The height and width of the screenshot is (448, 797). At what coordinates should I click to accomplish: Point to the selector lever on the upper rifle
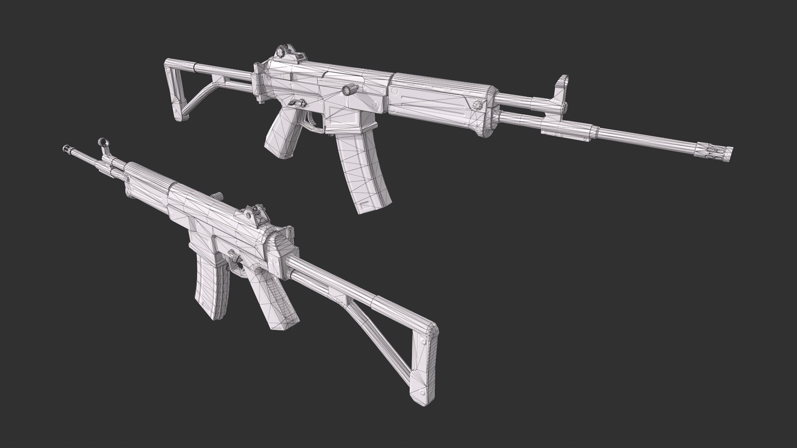(296, 102)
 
